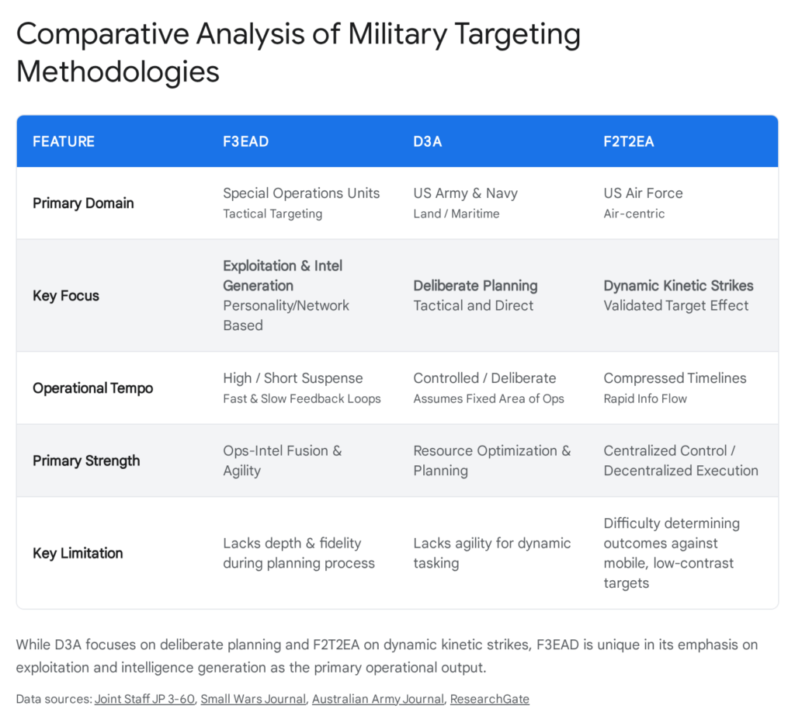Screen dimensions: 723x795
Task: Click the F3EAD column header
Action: [x=247, y=141]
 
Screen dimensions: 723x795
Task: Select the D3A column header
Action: [x=427, y=141]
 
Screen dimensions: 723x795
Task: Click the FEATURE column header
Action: [x=64, y=141]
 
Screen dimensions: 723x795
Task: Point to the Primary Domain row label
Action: [x=83, y=203]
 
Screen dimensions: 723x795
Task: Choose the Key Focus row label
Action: [x=66, y=295]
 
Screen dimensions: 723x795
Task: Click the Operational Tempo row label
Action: [x=92, y=388]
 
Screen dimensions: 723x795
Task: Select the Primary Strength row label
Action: [x=86, y=461]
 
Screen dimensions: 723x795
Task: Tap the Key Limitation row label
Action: [x=78, y=553]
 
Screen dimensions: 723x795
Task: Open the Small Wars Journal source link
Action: [x=253, y=699]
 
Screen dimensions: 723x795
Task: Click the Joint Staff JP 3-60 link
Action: [x=144, y=699]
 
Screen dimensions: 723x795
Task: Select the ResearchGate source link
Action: [x=489, y=699]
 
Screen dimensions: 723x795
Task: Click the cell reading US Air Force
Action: [x=643, y=193]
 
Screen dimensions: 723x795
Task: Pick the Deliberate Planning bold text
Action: [x=475, y=285]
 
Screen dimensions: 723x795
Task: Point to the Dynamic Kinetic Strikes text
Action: [x=679, y=285]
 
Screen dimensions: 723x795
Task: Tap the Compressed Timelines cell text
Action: [x=675, y=378]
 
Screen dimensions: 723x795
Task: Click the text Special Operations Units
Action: [x=301, y=193]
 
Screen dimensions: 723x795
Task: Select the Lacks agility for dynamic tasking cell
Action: [x=491, y=552]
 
